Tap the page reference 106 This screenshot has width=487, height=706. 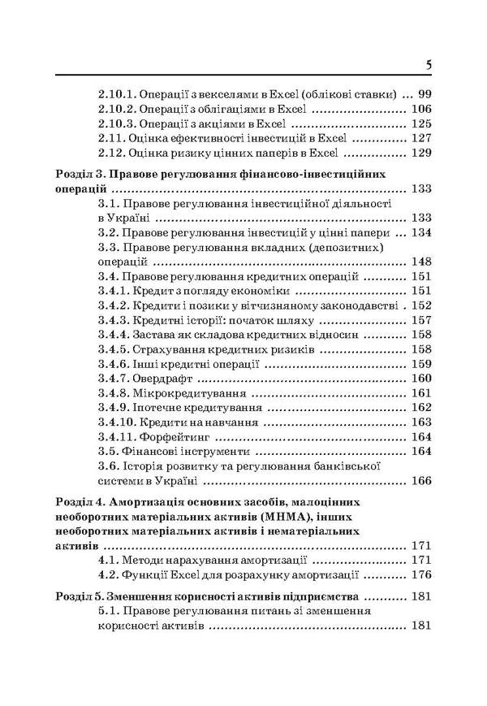pyautogui.click(x=420, y=109)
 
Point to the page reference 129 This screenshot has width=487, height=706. pyautogui.click(x=420, y=154)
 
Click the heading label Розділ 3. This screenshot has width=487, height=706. pyautogui.click(x=78, y=174)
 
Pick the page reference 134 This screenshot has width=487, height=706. pyautogui.click(x=420, y=233)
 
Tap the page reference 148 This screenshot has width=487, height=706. pyautogui.click(x=420, y=263)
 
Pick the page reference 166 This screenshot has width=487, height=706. pyautogui.click(x=420, y=482)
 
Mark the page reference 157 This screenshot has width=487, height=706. pyautogui.click(x=420, y=320)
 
